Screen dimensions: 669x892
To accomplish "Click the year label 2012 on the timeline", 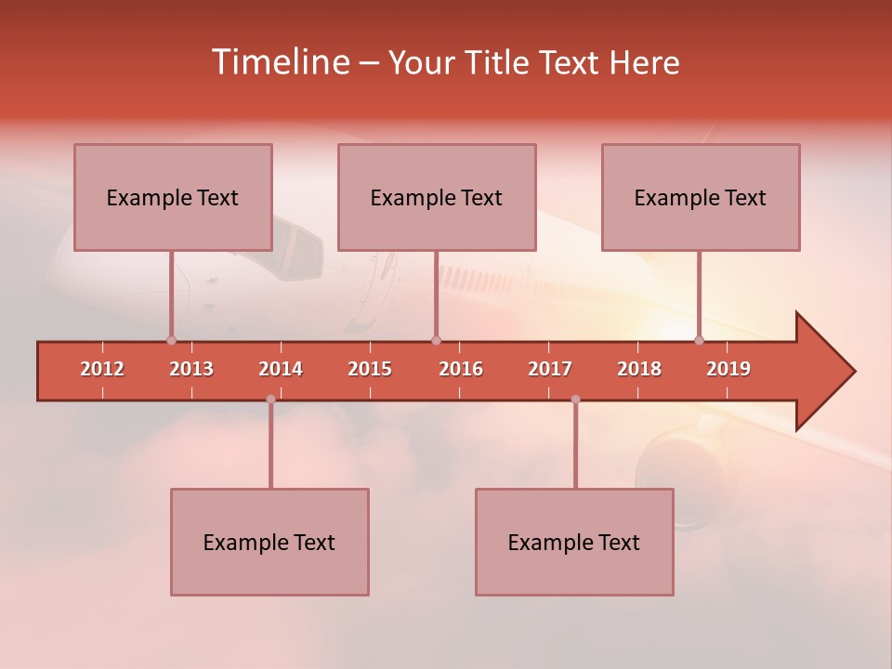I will pyautogui.click(x=102, y=369).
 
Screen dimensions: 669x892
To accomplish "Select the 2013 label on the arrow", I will pyautogui.click(x=191, y=369).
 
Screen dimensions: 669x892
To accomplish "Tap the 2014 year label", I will pyautogui.click(x=281, y=369).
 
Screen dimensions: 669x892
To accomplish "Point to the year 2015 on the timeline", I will pyautogui.click(x=370, y=369).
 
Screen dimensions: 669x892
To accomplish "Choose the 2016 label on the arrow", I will pyautogui.click(x=461, y=369).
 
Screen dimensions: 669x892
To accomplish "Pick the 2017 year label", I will pyautogui.click(x=550, y=369).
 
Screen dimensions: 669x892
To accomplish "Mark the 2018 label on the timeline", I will pyautogui.click(x=639, y=369).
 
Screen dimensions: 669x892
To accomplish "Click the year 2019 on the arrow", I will pyautogui.click(x=728, y=369).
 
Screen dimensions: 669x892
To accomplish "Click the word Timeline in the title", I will pyautogui.click(x=280, y=62).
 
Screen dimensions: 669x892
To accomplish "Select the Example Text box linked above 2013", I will pyautogui.click(x=173, y=197).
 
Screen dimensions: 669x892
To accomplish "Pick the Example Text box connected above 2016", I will pyautogui.click(x=437, y=197).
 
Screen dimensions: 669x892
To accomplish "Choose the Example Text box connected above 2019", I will pyautogui.click(x=701, y=197).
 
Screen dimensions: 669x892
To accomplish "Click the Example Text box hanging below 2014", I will pyautogui.click(x=269, y=542).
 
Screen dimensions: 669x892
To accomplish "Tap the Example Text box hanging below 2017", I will pyautogui.click(x=574, y=542).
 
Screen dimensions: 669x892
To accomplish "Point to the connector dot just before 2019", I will pyautogui.click(x=700, y=340).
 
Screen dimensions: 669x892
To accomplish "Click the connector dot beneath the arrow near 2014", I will pyautogui.click(x=270, y=400).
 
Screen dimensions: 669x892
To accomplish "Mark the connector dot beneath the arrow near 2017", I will pyautogui.click(x=575, y=400).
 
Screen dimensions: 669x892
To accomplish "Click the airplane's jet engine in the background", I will pyautogui.click(x=683, y=474).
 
